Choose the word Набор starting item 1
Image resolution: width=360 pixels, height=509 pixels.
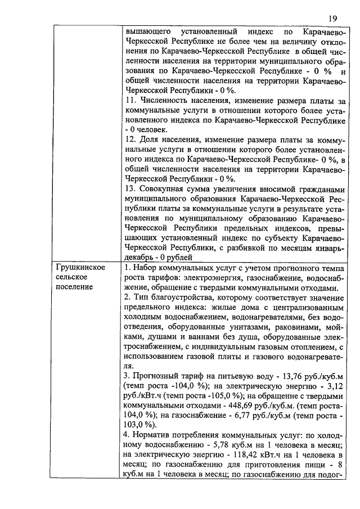click(x=144, y=267)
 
